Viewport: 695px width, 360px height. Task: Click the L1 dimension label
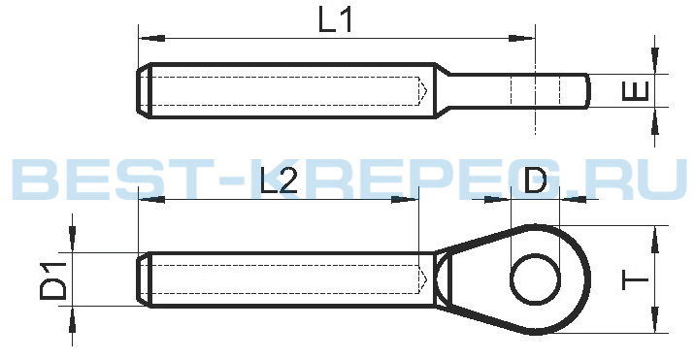pos(335,20)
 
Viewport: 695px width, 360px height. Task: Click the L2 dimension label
pos(279,180)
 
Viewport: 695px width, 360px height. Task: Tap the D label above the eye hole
pos(536,180)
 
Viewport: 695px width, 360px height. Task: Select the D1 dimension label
pos(53,280)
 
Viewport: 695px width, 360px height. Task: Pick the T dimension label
pos(636,280)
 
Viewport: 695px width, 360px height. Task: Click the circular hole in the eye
pos(536,278)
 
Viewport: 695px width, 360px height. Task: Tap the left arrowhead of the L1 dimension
pos(151,38)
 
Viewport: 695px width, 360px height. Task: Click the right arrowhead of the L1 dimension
pos(521,38)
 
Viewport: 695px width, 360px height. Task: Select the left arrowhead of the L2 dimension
pos(151,200)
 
